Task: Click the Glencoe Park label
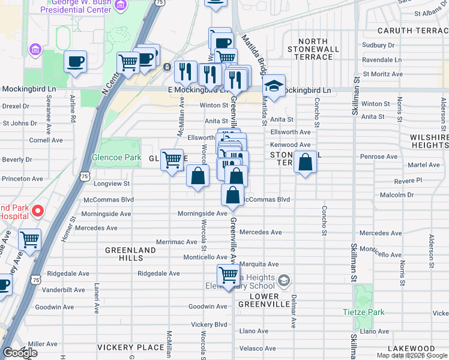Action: pos(116,158)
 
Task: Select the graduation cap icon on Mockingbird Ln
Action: pos(274,85)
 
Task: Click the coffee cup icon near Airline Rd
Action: pos(76,61)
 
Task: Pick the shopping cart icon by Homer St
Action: pos(29,240)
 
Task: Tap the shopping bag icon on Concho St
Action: pos(306,162)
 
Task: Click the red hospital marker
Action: pos(37,210)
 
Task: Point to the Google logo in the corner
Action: pos(20,353)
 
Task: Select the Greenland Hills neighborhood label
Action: pos(124,253)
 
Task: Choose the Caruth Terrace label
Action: pos(412,30)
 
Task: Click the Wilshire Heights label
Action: pos(429,141)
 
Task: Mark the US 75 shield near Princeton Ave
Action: pos(85,176)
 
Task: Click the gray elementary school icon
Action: pos(285,280)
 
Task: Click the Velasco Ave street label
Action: pos(258,348)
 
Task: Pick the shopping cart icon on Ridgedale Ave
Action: pos(228,275)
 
